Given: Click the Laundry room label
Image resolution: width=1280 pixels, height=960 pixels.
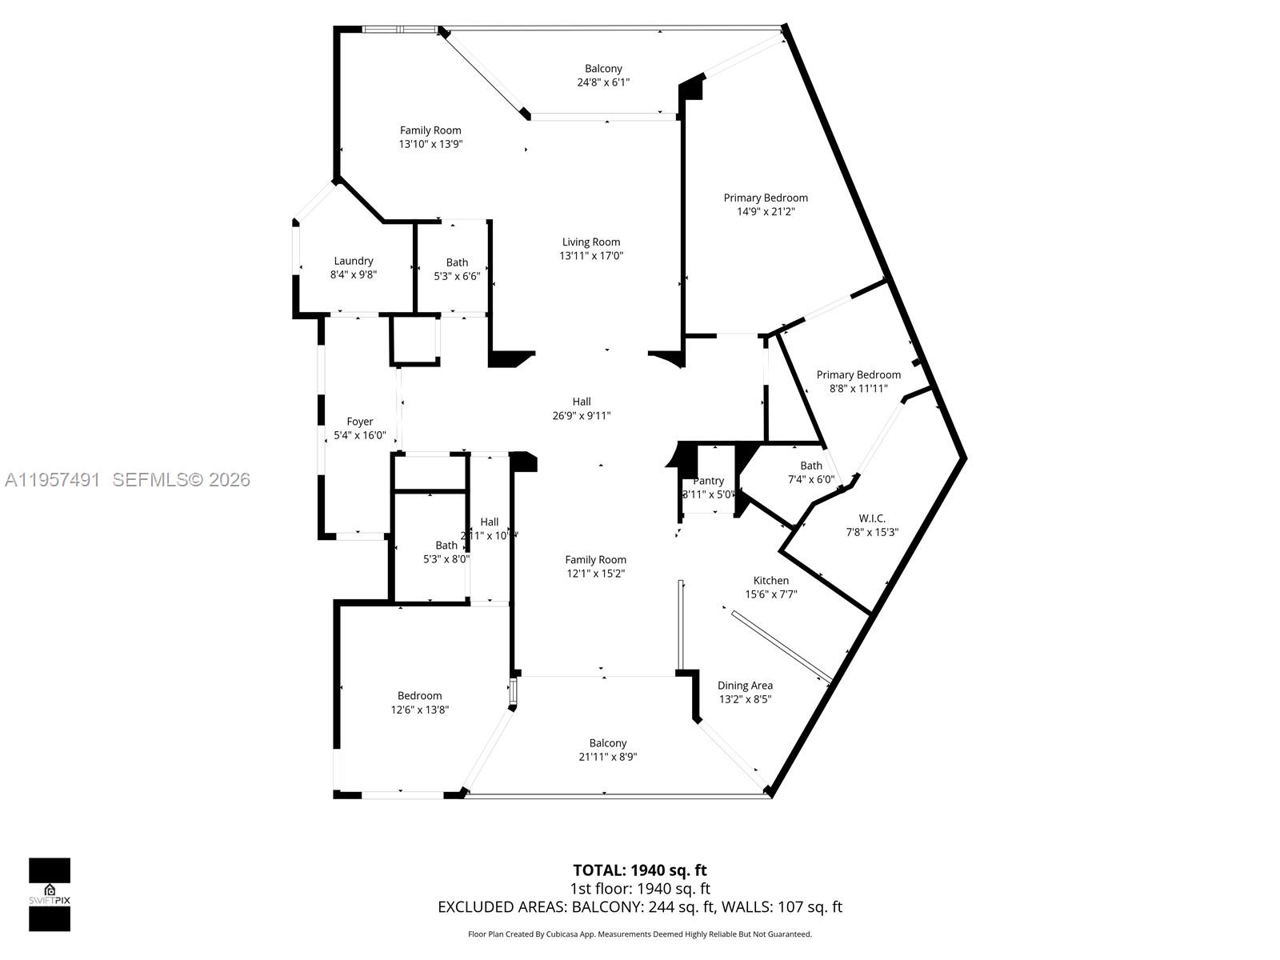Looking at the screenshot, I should pos(353,261).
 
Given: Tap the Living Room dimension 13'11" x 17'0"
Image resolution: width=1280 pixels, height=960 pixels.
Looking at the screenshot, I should pos(591,256).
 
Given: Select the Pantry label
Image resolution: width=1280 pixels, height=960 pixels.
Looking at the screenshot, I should pos(708,481).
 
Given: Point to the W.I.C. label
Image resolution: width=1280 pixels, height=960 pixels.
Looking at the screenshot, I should pos(872,518).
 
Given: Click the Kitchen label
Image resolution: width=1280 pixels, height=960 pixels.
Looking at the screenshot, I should pos(771,581).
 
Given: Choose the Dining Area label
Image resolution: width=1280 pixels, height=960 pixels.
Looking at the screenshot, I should pos(745,686).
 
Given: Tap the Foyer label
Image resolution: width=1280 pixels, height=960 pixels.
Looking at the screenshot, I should pos(360,422).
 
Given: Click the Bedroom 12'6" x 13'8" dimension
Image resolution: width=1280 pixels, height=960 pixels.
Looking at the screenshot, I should pos(420,710).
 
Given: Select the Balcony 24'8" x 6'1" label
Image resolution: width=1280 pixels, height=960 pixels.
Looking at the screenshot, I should pos(603,69).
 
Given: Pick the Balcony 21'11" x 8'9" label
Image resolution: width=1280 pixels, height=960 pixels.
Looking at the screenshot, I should pos(608,743).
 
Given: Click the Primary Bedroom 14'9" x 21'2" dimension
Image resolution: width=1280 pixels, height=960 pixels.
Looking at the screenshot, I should pos(766,212).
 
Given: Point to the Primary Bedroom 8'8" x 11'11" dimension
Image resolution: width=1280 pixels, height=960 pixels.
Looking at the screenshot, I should pos(858,388).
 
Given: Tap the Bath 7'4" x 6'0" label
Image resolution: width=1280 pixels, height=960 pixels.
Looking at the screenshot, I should pos(811,466).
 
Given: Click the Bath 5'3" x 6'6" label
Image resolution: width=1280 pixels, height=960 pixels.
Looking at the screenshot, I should pos(457,262).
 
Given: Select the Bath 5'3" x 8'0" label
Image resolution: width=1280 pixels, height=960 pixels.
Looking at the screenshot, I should pos(446,546).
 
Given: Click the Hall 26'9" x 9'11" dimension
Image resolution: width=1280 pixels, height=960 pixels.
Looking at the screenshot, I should pos(582,415).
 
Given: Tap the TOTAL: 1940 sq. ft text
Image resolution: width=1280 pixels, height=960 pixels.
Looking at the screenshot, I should pos(640,870).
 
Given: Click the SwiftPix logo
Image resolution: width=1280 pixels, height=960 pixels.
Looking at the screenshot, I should pos(50,894).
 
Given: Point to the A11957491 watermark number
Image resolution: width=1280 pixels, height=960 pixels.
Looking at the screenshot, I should pos(53,480).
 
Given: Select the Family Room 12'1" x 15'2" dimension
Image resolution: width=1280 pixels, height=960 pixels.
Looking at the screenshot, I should pos(596,574).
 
